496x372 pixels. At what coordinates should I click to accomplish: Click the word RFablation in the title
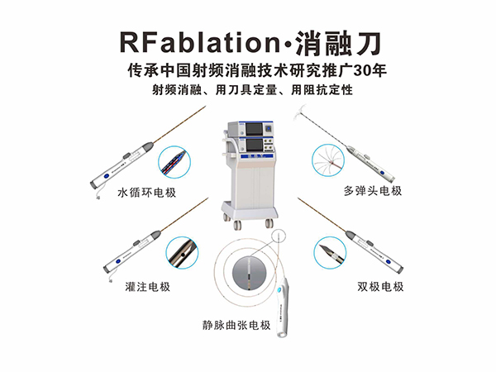pyautogui.click(x=200, y=42)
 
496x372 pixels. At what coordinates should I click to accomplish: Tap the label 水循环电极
pyautogui.click(x=147, y=193)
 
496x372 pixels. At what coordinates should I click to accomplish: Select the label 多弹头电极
pyautogui.click(x=373, y=191)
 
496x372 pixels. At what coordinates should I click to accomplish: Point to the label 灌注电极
pyautogui.click(x=148, y=287)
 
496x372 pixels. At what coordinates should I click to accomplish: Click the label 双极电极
pyautogui.click(x=380, y=287)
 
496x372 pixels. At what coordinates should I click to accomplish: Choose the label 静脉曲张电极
pyautogui.click(x=236, y=325)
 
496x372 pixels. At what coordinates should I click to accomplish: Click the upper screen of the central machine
pyautogui.click(x=255, y=130)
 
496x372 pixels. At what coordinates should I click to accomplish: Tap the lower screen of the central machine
pyautogui.click(x=255, y=145)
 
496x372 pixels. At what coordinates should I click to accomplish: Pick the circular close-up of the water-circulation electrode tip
pyautogui.click(x=174, y=162)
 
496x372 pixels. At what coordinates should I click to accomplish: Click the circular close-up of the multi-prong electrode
pyautogui.click(x=328, y=160)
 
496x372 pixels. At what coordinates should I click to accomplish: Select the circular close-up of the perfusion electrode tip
pyautogui.click(x=182, y=253)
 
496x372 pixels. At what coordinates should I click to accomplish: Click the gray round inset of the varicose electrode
pyautogui.click(x=249, y=274)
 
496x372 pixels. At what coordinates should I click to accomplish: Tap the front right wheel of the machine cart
pyautogui.click(x=269, y=223)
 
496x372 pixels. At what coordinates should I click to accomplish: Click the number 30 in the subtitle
pyautogui.click(x=363, y=70)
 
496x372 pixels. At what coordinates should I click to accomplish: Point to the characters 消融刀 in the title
pyautogui.click(x=337, y=42)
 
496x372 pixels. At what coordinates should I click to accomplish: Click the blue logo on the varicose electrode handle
pyautogui.click(x=279, y=290)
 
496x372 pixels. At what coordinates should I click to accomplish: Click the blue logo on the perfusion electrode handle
pyautogui.click(x=118, y=261)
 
